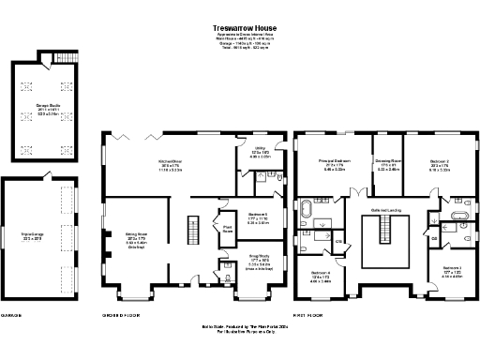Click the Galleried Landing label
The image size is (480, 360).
[386, 210]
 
